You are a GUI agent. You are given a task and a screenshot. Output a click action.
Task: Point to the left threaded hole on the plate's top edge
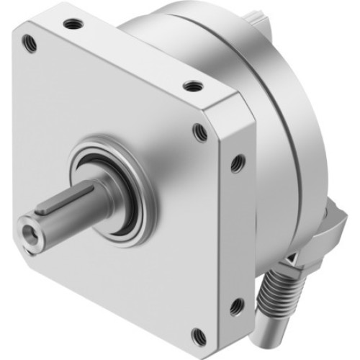[72, 24]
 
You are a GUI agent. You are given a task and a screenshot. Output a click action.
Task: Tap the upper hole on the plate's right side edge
[235, 164]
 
